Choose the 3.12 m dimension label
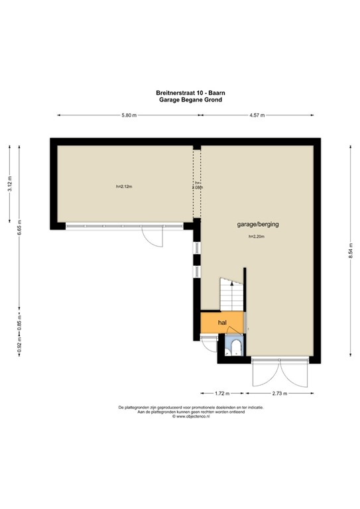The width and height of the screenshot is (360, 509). pyautogui.click(x=9, y=184)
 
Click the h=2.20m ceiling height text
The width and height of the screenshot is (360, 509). pyautogui.click(x=257, y=237)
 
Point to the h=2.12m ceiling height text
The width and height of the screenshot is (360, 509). pyautogui.click(x=124, y=186)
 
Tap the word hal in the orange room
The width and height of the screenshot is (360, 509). pyautogui.click(x=223, y=323)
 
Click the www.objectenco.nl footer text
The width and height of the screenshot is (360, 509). pyautogui.click(x=190, y=417)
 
